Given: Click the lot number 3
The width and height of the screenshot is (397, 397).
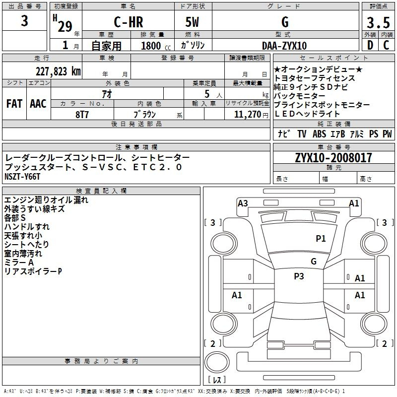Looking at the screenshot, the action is [x=24, y=21].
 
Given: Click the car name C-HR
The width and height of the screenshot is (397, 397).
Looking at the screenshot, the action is [x=129, y=22].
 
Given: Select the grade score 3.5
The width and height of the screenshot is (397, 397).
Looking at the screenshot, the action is [x=378, y=23].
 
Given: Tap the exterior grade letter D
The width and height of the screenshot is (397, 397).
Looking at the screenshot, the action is [x=370, y=45].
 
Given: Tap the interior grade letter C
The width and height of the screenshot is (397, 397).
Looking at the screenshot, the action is [x=386, y=45].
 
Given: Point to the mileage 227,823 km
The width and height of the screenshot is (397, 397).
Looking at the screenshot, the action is [x=58, y=71].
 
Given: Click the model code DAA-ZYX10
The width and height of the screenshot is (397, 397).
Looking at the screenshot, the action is [x=284, y=46].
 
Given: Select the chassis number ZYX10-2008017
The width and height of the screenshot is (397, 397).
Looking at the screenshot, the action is [x=333, y=158].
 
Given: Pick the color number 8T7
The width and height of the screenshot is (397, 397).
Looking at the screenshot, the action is [x=82, y=115].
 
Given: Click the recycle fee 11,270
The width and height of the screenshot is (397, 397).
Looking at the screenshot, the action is [x=247, y=115].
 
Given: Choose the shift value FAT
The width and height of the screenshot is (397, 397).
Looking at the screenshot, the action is [x=14, y=104].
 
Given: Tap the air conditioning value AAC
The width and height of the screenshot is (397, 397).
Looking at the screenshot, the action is [x=38, y=104].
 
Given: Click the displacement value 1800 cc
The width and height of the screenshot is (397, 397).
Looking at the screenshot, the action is [x=156, y=46].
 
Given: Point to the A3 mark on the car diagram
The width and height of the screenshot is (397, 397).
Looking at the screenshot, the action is [x=243, y=203].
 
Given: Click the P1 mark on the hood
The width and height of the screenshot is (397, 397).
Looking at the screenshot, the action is [x=321, y=238].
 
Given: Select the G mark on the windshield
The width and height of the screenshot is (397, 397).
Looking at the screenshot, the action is [x=314, y=261].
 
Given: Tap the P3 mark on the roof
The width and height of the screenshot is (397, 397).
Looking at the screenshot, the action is [x=299, y=276].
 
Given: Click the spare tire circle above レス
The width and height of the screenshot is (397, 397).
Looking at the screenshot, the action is [x=217, y=362].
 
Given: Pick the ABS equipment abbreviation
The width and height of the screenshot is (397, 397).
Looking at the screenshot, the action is [x=319, y=134].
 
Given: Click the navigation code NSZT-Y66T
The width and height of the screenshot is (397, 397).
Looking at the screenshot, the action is [x=22, y=177].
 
